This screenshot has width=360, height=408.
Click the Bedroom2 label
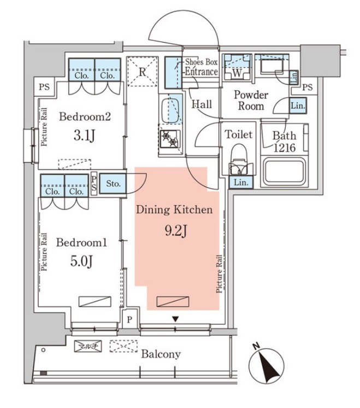click(x=85, y=116)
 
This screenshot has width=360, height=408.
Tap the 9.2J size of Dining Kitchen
click(x=176, y=231)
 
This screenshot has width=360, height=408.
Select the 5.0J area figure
click(x=81, y=261)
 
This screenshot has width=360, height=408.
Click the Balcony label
click(x=161, y=354)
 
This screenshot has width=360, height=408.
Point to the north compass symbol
click(x=267, y=364)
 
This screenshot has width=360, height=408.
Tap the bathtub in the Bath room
click(x=284, y=171)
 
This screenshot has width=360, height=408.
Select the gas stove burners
click(x=169, y=139)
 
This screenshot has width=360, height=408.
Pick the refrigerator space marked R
click(x=142, y=72)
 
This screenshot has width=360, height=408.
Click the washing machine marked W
click(x=237, y=66)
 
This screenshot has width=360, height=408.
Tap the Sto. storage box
click(x=113, y=183)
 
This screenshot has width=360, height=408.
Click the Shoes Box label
click(x=201, y=62)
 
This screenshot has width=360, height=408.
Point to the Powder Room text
click(x=251, y=101)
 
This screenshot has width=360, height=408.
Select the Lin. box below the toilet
click(x=241, y=182)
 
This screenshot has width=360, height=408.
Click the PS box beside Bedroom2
click(x=44, y=87)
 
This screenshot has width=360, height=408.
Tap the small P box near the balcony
click(x=129, y=319)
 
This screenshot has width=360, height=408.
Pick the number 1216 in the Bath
click(x=285, y=148)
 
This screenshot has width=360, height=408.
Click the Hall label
click(x=202, y=104)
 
